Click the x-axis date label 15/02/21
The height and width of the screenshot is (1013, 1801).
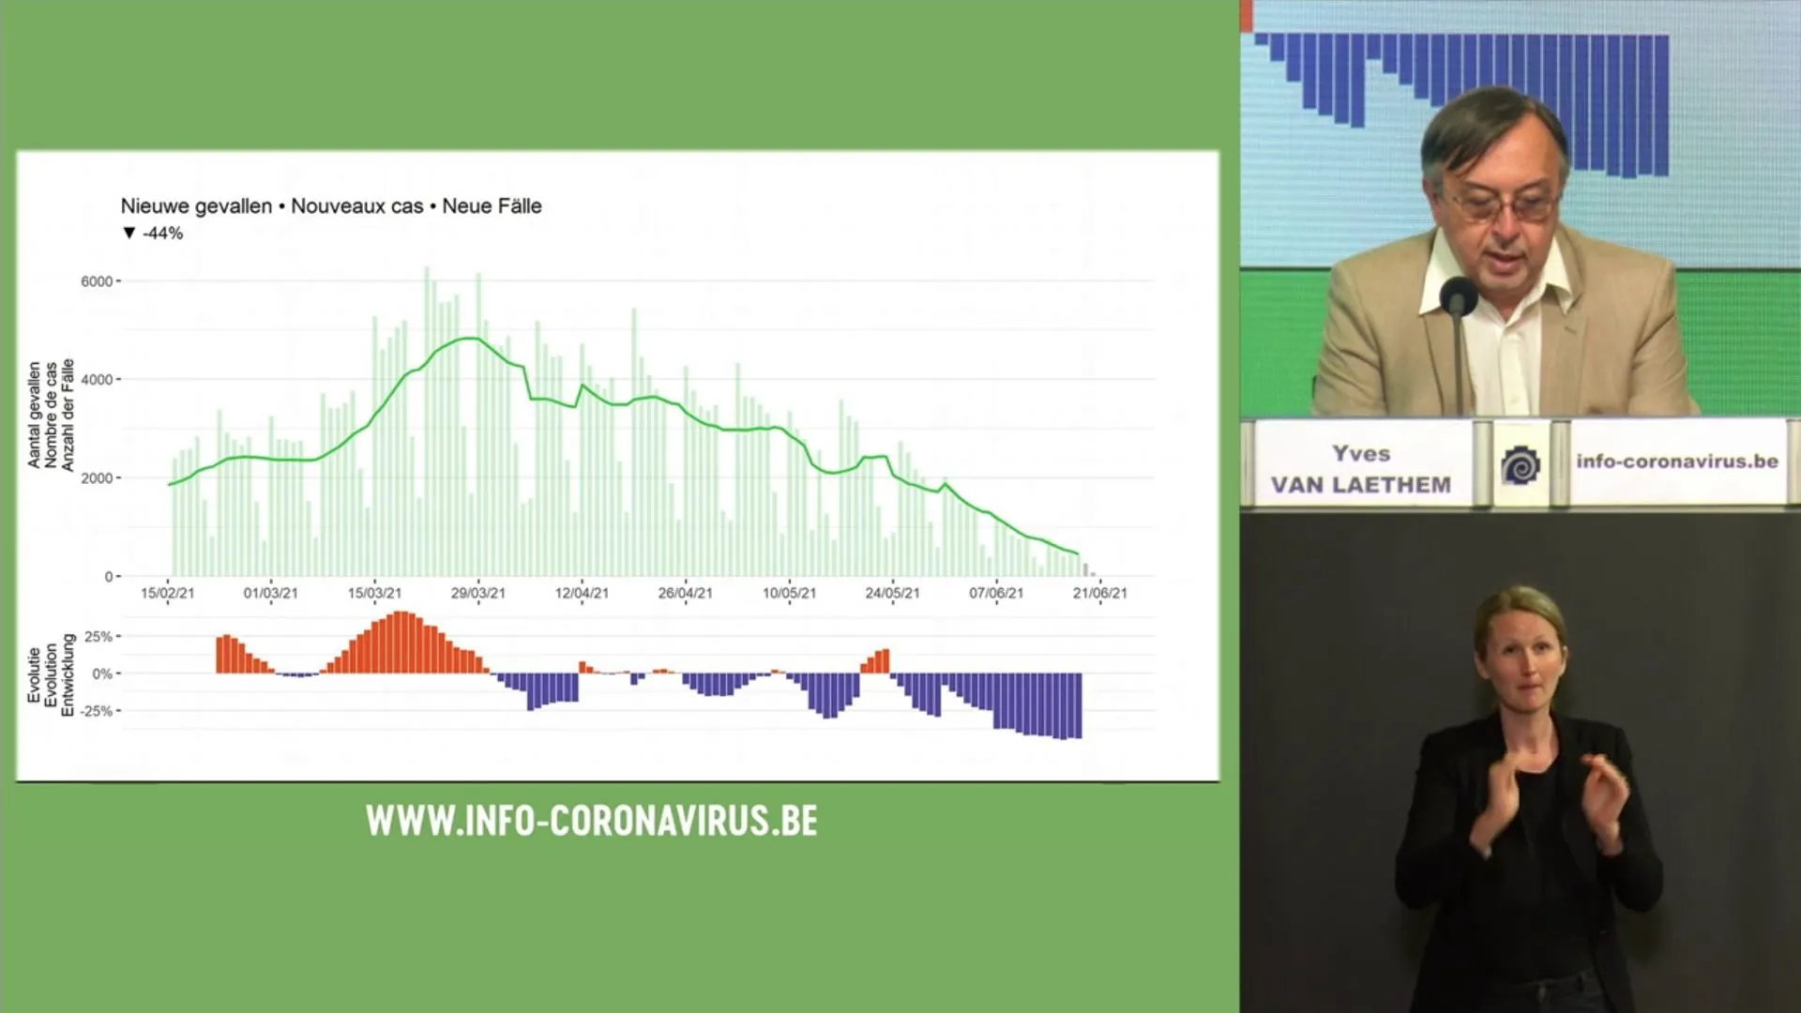tap(167, 593)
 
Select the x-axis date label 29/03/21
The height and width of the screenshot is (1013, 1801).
tap(477, 593)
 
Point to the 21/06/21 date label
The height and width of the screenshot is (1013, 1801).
tap(1100, 593)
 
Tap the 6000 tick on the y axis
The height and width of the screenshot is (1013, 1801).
tap(97, 281)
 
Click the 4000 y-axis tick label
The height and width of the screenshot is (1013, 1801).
tap(97, 380)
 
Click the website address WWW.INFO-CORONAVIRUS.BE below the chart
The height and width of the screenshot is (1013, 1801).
tap(592, 821)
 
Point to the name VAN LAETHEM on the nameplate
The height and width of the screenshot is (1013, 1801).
tap(1361, 485)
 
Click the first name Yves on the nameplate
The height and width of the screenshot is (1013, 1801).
tap(1361, 454)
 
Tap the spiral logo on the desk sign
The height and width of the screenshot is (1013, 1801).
tap(1521, 465)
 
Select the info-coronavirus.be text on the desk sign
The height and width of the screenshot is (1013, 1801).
tap(1677, 461)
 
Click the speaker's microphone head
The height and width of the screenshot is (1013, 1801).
tap(1459, 295)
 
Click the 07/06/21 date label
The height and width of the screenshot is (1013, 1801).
tap(996, 593)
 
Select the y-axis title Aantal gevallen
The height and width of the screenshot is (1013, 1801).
tap(35, 415)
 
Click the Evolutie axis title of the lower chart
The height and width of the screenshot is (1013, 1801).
tap(35, 674)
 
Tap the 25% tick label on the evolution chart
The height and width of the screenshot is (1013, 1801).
tap(98, 637)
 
